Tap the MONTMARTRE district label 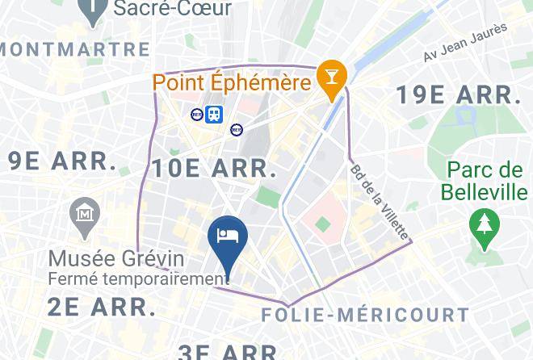[75, 49]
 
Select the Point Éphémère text [233, 82]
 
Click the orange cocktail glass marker [332, 77]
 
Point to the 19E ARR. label [458, 94]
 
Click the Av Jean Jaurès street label [465, 43]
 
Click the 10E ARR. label [214, 168]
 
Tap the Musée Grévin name [116, 259]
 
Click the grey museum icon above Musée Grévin [85, 214]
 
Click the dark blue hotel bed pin [228, 237]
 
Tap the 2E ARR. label [101, 307]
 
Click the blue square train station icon [214, 115]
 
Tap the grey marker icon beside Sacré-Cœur [94, 9]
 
